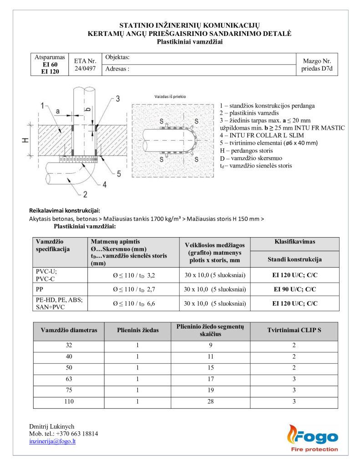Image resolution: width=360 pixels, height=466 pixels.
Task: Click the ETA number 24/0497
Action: coord(85,69)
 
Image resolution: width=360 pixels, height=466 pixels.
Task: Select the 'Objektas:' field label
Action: coord(117,57)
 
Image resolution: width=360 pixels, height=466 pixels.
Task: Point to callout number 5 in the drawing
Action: coord(118,173)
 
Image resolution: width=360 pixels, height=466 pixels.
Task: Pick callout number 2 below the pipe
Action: coord(85,195)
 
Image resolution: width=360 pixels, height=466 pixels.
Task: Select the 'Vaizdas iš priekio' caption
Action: coord(171,96)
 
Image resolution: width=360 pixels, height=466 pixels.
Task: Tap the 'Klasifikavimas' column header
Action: coord(294,242)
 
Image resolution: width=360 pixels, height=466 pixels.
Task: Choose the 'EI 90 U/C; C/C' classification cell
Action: coord(294,289)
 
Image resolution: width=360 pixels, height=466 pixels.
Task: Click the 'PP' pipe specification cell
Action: coord(40,289)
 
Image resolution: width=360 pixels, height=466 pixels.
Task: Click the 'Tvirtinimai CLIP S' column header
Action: coord(294,330)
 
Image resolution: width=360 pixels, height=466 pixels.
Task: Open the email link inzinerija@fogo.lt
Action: coord(52,441)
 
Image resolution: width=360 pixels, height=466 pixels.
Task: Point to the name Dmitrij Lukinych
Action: coord(52,426)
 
